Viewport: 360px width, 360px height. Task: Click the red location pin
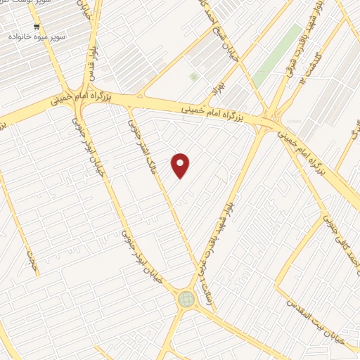pos(181,165)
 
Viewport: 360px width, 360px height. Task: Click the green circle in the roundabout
pos(186,300)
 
